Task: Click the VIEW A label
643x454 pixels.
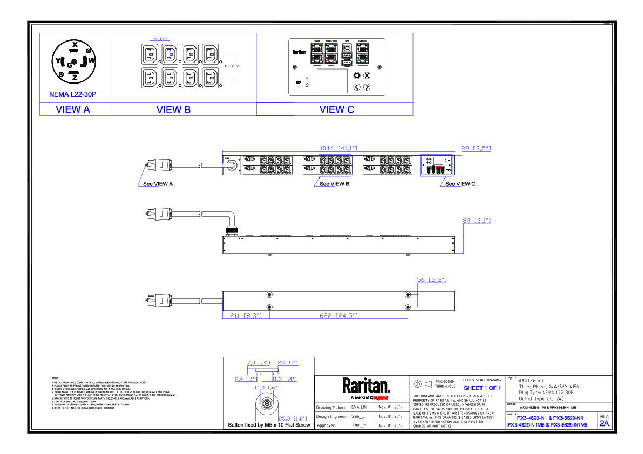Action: [x=73, y=109]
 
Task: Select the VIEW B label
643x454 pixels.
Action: [x=173, y=109]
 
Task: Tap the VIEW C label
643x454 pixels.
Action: [x=336, y=109]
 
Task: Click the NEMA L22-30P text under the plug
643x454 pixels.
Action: [x=72, y=94]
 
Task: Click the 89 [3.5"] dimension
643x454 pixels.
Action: [x=476, y=148]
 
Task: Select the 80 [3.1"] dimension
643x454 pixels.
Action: [x=477, y=221]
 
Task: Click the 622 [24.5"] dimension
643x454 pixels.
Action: [x=339, y=315]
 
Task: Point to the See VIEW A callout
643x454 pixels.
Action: [x=158, y=184]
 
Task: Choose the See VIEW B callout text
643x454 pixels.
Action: [x=334, y=184]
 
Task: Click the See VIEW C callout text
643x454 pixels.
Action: [x=461, y=184]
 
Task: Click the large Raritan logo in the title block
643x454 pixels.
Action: [x=366, y=387]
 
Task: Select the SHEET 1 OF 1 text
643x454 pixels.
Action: [x=483, y=388]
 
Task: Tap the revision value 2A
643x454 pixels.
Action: [x=604, y=424]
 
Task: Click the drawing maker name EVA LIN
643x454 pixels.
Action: [x=358, y=407]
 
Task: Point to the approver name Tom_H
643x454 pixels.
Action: [x=358, y=425]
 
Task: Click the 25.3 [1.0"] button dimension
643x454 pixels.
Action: [x=293, y=418]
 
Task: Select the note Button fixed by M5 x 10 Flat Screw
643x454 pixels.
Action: [x=269, y=425]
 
